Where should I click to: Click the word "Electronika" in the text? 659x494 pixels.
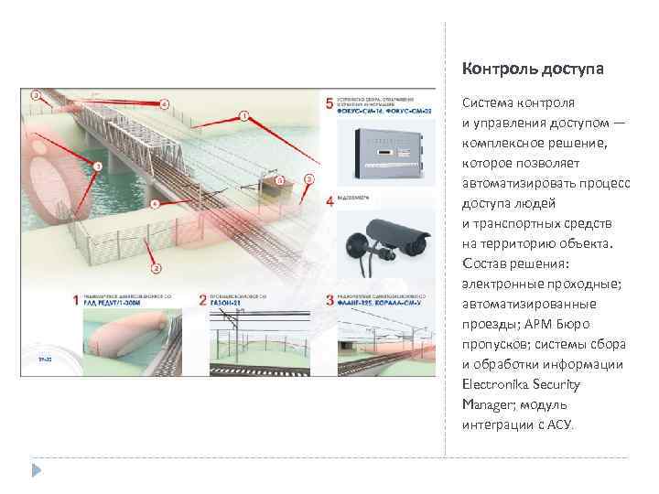[x=496, y=384]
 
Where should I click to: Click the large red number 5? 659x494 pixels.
[x=329, y=102]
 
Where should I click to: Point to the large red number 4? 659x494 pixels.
[x=329, y=200]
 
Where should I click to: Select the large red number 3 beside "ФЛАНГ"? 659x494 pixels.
[x=329, y=300]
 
